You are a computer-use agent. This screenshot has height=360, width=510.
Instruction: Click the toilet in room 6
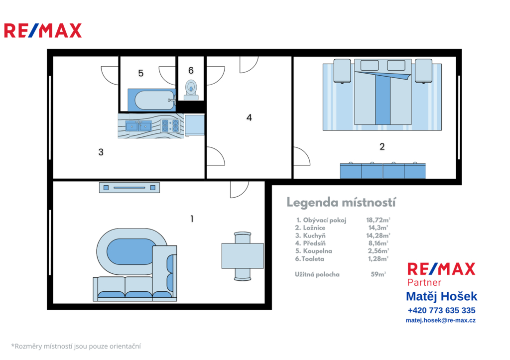pyautogui.click(x=191, y=90)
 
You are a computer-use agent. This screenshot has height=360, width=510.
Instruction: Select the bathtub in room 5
pyautogui.click(x=152, y=100)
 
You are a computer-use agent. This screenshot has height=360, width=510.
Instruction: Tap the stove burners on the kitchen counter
pyautogui.click(x=170, y=126)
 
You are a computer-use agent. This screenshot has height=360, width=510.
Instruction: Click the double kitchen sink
pyautogui.click(x=138, y=125)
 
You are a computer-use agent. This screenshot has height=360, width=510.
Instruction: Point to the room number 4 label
pyautogui.click(x=249, y=118)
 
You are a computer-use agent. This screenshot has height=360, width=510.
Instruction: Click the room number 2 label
pyautogui.click(x=382, y=147)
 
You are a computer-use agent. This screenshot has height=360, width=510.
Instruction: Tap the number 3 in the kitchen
pyautogui.click(x=101, y=152)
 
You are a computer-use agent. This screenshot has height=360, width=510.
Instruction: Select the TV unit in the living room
pyautogui.click(x=129, y=188)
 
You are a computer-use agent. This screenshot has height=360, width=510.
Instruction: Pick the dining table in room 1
pyautogui.click(x=243, y=256)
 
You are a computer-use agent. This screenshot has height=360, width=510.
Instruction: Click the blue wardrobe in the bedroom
pyautogui.click(x=383, y=171)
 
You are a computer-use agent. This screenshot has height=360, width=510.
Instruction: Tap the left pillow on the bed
pyautogui.click(x=370, y=65)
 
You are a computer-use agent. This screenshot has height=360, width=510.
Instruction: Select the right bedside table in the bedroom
pyautogui.click(x=423, y=71)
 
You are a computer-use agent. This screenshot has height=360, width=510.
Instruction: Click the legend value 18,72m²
pyautogui.click(x=378, y=220)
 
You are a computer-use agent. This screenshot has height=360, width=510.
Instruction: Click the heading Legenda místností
pyautogui.click(x=341, y=202)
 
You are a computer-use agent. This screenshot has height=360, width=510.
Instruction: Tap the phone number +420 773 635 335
pyautogui.click(x=441, y=310)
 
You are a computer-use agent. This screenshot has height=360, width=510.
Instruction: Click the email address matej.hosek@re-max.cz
pyautogui.click(x=440, y=320)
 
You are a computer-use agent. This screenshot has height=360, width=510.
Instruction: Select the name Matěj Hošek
pyautogui.click(x=441, y=296)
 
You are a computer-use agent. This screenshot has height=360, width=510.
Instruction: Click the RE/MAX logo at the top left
pyautogui.click(x=43, y=30)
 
